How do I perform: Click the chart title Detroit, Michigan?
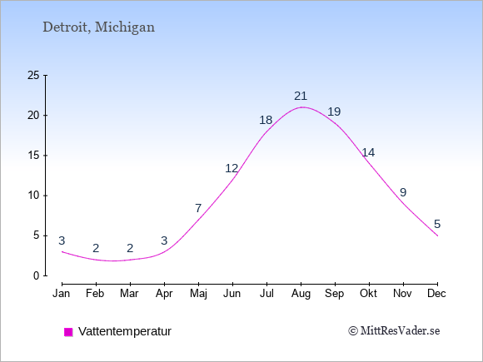tap(98, 27)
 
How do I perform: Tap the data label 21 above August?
tap(301, 96)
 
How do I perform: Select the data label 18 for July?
tap(266, 120)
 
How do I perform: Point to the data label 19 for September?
tap(334, 112)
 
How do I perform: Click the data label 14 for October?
tap(368, 152)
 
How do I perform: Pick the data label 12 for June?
tap(232, 168)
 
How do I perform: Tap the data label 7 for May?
tap(198, 208)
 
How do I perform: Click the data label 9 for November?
tap(403, 192)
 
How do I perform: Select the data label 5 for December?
tap(437, 224)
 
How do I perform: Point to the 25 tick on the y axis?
tap(33, 75)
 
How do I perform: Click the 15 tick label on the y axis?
tap(33, 155)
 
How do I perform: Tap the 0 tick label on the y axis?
tap(37, 275)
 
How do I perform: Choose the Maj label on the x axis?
tap(198, 294)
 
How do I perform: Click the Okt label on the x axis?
tap(368, 294)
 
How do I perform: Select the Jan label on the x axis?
tap(62, 294)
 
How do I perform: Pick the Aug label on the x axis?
tap(301, 294)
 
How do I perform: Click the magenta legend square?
tap(68, 332)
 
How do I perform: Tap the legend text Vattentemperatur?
tap(125, 331)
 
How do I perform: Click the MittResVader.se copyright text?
tap(394, 331)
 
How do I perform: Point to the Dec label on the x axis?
tap(437, 294)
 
